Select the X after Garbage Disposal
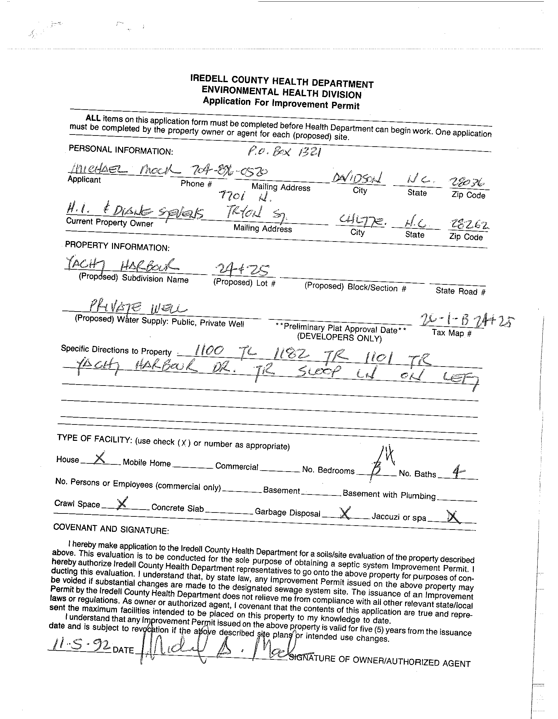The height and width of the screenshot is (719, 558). (x=345, y=512)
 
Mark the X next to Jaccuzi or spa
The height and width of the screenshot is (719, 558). (x=454, y=517)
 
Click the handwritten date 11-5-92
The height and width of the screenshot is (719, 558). (x=79, y=646)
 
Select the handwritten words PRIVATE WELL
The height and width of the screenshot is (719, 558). (x=139, y=308)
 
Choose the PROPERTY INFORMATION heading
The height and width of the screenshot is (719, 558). (x=117, y=246)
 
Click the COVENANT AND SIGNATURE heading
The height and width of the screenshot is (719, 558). (x=111, y=529)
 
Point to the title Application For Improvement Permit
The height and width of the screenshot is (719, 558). (x=281, y=103)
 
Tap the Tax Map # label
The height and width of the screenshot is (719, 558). (x=452, y=333)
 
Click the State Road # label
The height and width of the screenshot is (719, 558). (x=460, y=291)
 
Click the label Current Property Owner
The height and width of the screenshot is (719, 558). (x=110, y=222)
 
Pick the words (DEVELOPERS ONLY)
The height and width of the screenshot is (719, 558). (x=339, y=337)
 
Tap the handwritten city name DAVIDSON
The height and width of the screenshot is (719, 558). (x=356, y=179)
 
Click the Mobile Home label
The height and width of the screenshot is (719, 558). (x=147, y=463)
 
